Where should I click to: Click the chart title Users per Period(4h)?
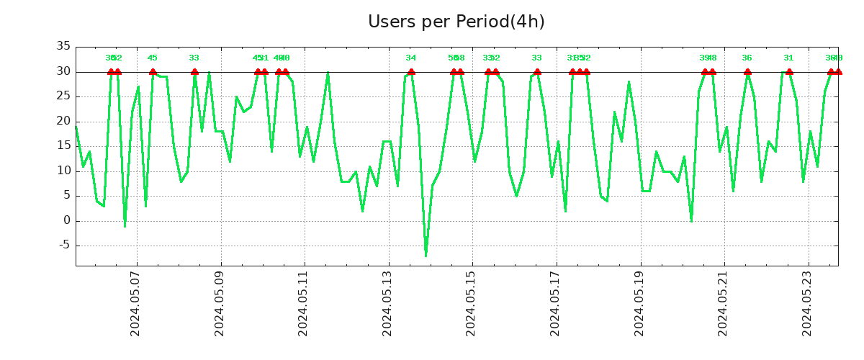click(x=456, y=22)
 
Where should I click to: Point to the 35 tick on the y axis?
click(x=63, y=47)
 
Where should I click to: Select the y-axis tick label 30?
click(x=63, y=72)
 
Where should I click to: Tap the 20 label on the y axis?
click(x=63, y=122)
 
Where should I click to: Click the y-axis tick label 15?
click(x=63, y=146)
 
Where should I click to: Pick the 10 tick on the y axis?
click(x=63, y=171)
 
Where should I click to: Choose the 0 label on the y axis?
click(x=66, y=221)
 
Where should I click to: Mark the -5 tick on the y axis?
click(x=63, y=246)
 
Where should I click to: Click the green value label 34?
click(x=411, y=58)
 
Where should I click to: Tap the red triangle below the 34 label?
click(x=411, y=71)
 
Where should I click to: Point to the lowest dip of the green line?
click(x=426, y=256)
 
